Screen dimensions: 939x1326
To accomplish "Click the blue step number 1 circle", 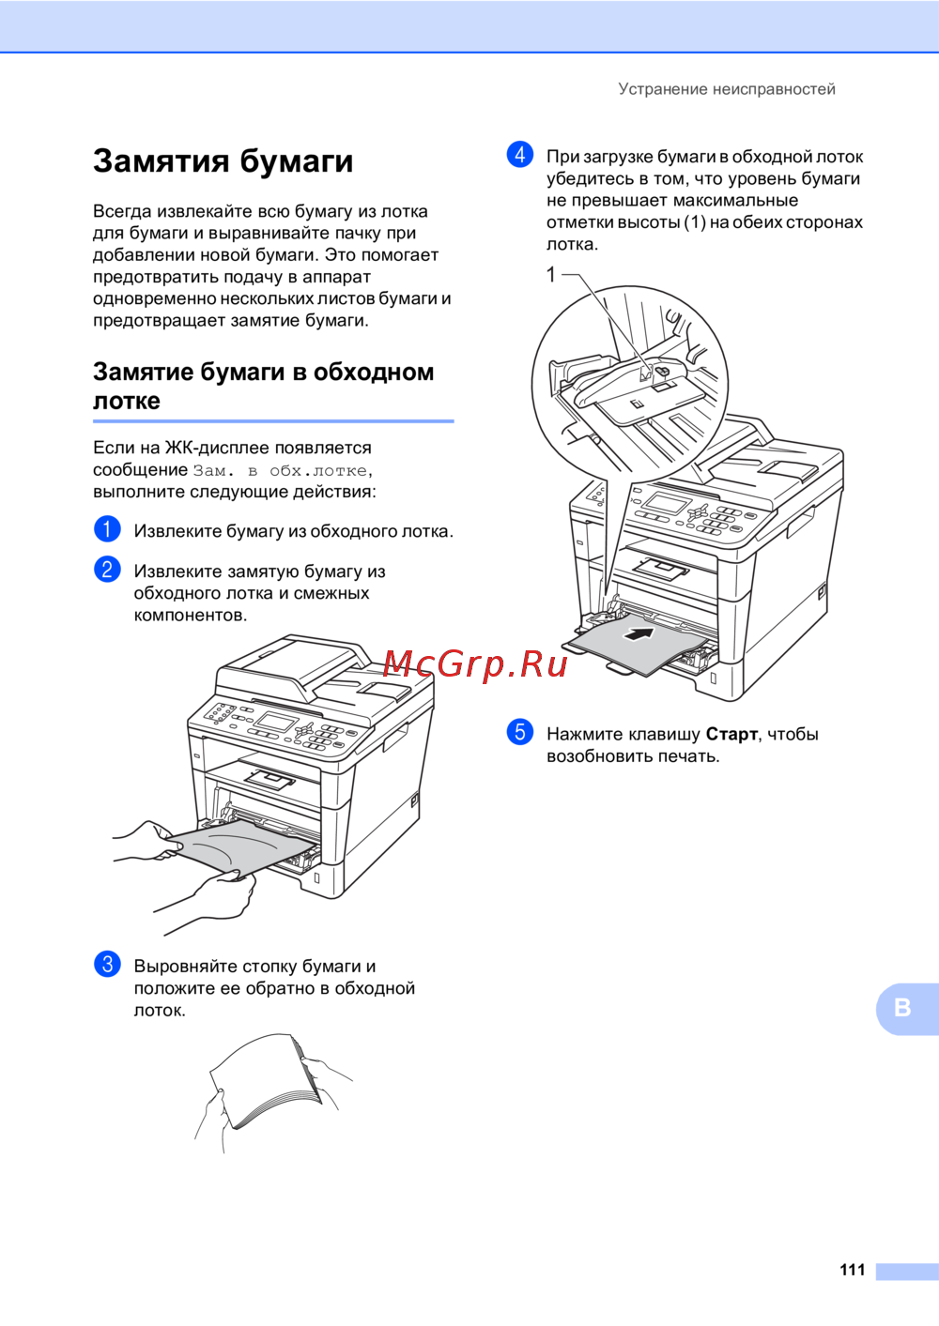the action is [107, 528].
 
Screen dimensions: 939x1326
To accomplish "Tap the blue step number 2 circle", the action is [107, 569].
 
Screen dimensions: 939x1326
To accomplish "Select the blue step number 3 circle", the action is [107, 964].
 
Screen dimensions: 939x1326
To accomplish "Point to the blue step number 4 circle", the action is [519, 155].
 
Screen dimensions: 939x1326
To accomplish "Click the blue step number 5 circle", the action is [519, 732].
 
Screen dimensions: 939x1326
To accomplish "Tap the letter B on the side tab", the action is [902, 1008].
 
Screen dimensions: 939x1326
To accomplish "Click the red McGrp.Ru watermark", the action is [475, 664].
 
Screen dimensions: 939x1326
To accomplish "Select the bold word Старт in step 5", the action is [731, 734].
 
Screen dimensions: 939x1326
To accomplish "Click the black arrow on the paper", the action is [639, 633].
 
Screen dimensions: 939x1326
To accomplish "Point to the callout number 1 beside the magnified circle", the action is [551, 274].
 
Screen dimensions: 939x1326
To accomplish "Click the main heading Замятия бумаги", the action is [223, 161].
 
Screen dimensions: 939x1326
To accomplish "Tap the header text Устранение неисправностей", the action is [727, 89].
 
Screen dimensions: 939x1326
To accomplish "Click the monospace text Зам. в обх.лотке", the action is [280, 470].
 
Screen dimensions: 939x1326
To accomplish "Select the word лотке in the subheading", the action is [126, 401].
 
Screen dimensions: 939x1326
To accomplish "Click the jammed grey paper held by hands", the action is [243, 846].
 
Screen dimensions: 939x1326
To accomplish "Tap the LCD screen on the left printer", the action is [276, 722].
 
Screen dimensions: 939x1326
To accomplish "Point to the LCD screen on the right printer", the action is [667, 504].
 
